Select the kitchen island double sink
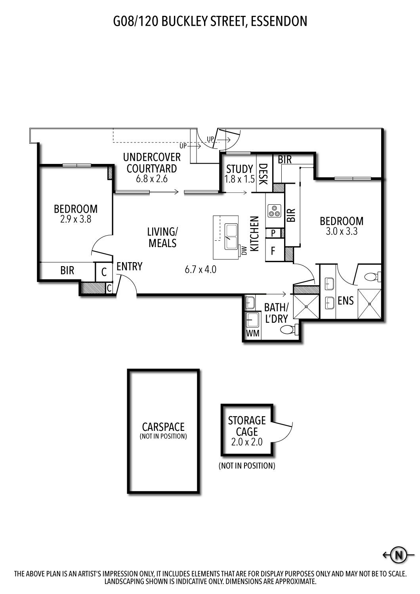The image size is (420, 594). (x=231, y=237)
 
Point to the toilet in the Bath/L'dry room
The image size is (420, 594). (x=288, y=330)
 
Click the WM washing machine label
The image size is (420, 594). (x=252, y=333)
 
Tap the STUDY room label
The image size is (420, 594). (x=239, y=169)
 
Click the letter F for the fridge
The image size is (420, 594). (x=273, y=251)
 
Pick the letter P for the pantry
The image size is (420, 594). (x=273, y=233)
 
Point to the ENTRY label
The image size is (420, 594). (x=130, y=266)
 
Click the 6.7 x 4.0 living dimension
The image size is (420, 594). (x=200, y=270)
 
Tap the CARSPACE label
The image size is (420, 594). (x=163, y=427)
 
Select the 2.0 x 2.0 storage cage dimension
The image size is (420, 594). (x=247, y=442)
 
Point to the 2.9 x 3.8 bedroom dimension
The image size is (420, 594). (x=76, y=219)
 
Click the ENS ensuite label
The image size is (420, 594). (x=346, y=301)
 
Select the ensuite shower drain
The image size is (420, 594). (x=370, y=304)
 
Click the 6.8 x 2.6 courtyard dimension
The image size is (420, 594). (x=152, y=179)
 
